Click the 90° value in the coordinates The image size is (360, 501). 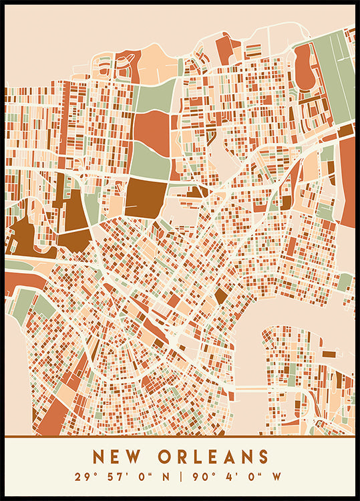(203, 477)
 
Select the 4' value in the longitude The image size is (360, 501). (229, 477)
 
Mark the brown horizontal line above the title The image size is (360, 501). (180, 437)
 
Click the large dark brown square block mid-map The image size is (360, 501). (145, 196)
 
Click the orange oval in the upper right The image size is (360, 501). (305, 67)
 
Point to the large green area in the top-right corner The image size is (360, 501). (334, 73)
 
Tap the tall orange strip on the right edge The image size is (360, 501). (347, 180)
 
